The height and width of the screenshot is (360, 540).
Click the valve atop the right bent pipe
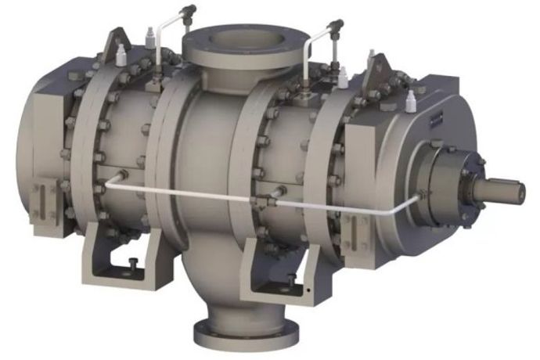click(336, 28)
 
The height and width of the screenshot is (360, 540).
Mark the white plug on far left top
click(122, 56)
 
